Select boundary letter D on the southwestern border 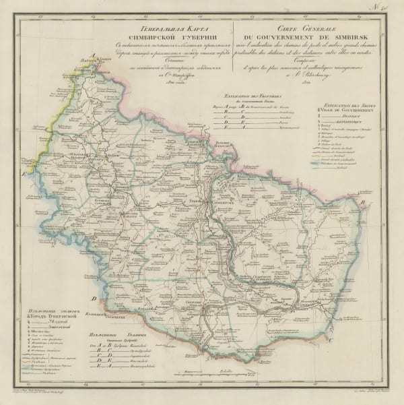click(96, 297)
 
